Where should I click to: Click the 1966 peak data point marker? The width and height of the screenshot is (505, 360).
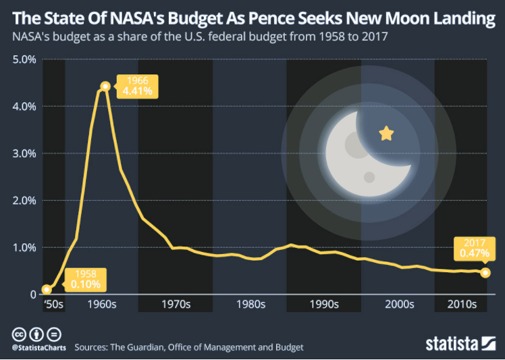pyautogui.click(x=105, y=86)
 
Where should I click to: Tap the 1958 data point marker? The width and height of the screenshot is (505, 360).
pyautogui.click(x=46, y=290)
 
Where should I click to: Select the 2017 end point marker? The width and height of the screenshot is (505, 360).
pyautogui.click(x=485, y=273)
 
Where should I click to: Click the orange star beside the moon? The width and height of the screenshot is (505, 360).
pyautogui.click(x=386, y=133)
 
